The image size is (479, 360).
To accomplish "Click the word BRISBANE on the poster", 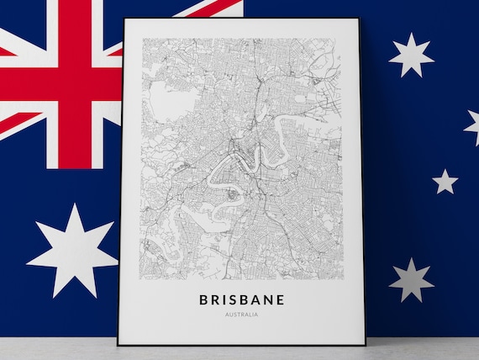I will click(242, 299).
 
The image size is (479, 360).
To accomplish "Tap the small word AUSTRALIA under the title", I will click(242, 315).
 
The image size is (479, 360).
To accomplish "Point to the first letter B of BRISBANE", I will click(204, 299).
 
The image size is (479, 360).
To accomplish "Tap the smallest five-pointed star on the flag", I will click(445, 181).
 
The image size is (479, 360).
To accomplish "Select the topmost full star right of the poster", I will click(412, 56).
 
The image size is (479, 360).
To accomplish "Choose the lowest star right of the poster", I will click(412, 279).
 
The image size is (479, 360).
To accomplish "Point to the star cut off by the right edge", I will click(473, 126).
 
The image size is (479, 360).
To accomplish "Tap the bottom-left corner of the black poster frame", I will click(119, 343).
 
